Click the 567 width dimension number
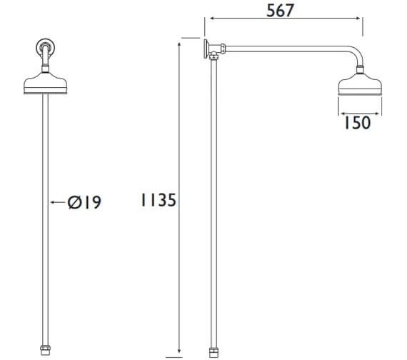[283, 10]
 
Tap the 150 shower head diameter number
[356, 123]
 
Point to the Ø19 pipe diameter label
[84, 203]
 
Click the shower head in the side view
[363, 88]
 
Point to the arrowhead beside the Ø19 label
[52, 203]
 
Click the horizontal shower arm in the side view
[286, 51]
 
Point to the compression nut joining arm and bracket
[221, 51]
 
